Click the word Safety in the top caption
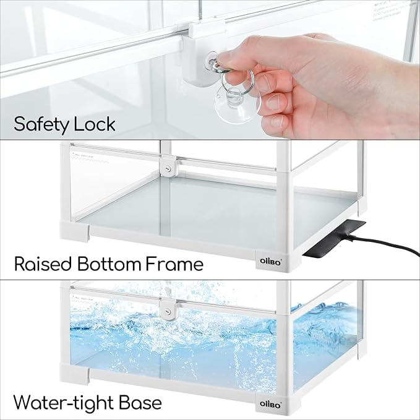point(42,124)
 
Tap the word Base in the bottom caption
point(142,403)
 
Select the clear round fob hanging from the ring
point(237,102)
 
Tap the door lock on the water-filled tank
point(165,308)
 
